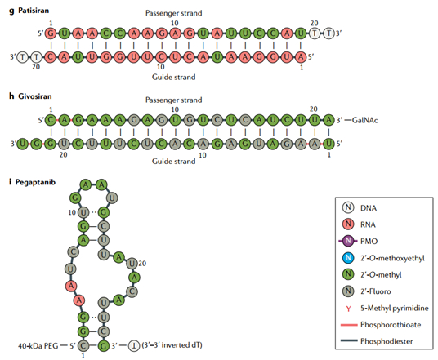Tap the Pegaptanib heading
pos(37,181)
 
